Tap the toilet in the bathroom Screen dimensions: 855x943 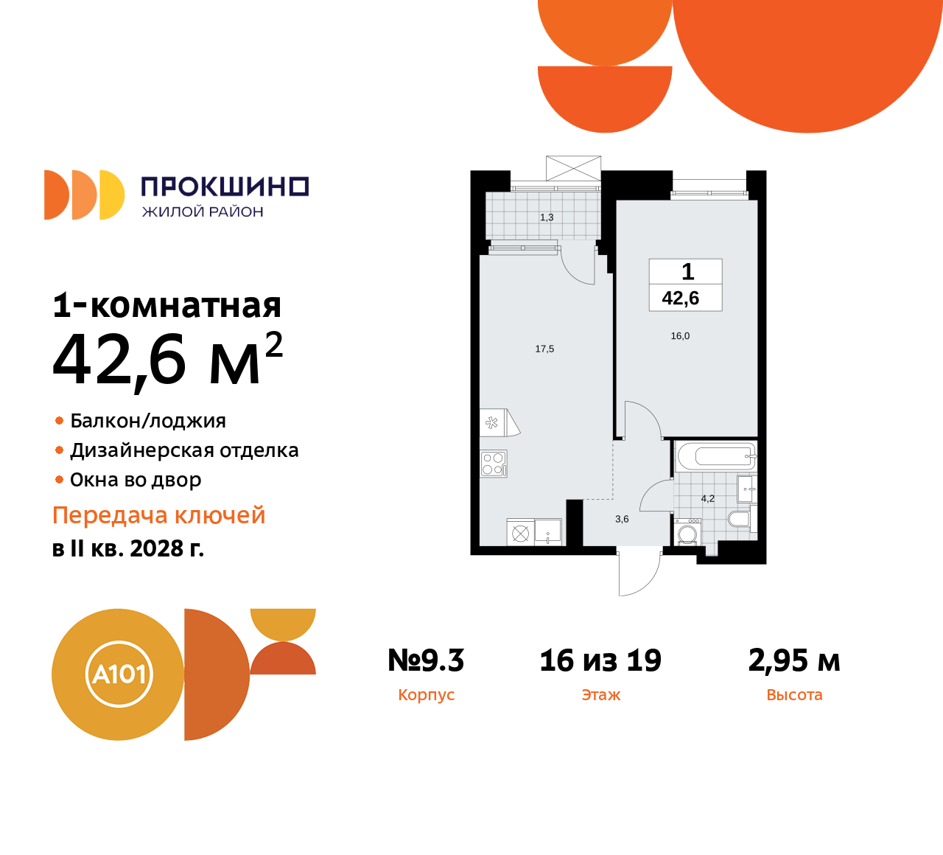[738, 519]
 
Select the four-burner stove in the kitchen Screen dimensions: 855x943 [493, 464]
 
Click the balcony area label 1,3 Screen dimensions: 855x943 [547, 217]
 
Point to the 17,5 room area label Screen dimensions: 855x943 [544, 349]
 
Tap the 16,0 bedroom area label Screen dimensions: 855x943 [680, 336]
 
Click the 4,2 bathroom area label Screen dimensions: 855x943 [707, 498]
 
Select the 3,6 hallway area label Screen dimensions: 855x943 [622, 519]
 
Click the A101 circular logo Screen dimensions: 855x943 [118, 674]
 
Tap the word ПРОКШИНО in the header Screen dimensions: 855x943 [225, 186]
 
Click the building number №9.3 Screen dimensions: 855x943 [426, 660]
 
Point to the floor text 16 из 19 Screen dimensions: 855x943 [600, 660]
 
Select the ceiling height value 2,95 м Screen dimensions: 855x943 [794, 660]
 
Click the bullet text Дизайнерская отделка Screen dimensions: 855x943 [184, 450]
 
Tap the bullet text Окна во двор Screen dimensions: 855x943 [136, 480]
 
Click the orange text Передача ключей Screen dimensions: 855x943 [158, 515]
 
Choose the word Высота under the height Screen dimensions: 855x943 [794, 695]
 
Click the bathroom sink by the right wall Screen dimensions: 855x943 [746, 488]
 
